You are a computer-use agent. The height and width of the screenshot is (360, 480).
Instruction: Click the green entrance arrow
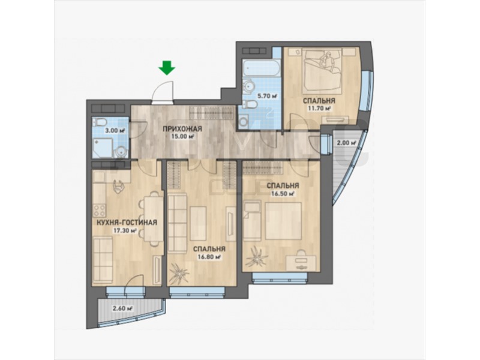click(167, 68)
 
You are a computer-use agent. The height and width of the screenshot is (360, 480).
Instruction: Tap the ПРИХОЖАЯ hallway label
click(182, 128)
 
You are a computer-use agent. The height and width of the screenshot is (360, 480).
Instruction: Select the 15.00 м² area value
click(182, 137)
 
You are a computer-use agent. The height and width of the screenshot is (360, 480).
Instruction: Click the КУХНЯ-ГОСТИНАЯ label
click(127, 223)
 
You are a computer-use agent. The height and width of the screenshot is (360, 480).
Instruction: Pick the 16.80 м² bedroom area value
click(209, 257)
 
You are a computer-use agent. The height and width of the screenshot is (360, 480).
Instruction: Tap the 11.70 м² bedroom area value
click(319, 109)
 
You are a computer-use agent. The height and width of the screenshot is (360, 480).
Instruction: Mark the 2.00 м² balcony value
click(347, 143)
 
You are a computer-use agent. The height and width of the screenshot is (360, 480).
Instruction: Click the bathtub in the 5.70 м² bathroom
click(261, 68)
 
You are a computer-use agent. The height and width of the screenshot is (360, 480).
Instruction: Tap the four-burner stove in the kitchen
click(99, 211)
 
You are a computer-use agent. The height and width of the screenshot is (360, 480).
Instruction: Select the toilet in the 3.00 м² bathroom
click(100, 123)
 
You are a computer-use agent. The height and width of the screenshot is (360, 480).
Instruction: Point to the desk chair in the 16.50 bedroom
click(301, 254)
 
